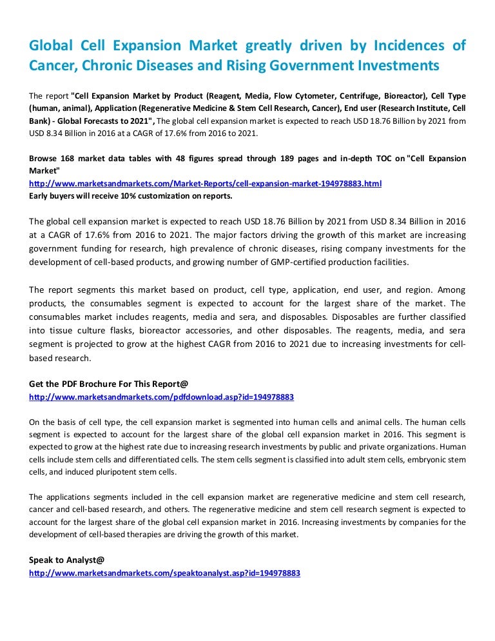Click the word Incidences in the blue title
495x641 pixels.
pyautogui.click(x=402, y=46)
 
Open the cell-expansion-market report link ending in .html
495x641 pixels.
pyautogui.click(x=205, y=184)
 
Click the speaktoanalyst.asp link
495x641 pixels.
pyautogui.click(x=164, y=573)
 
